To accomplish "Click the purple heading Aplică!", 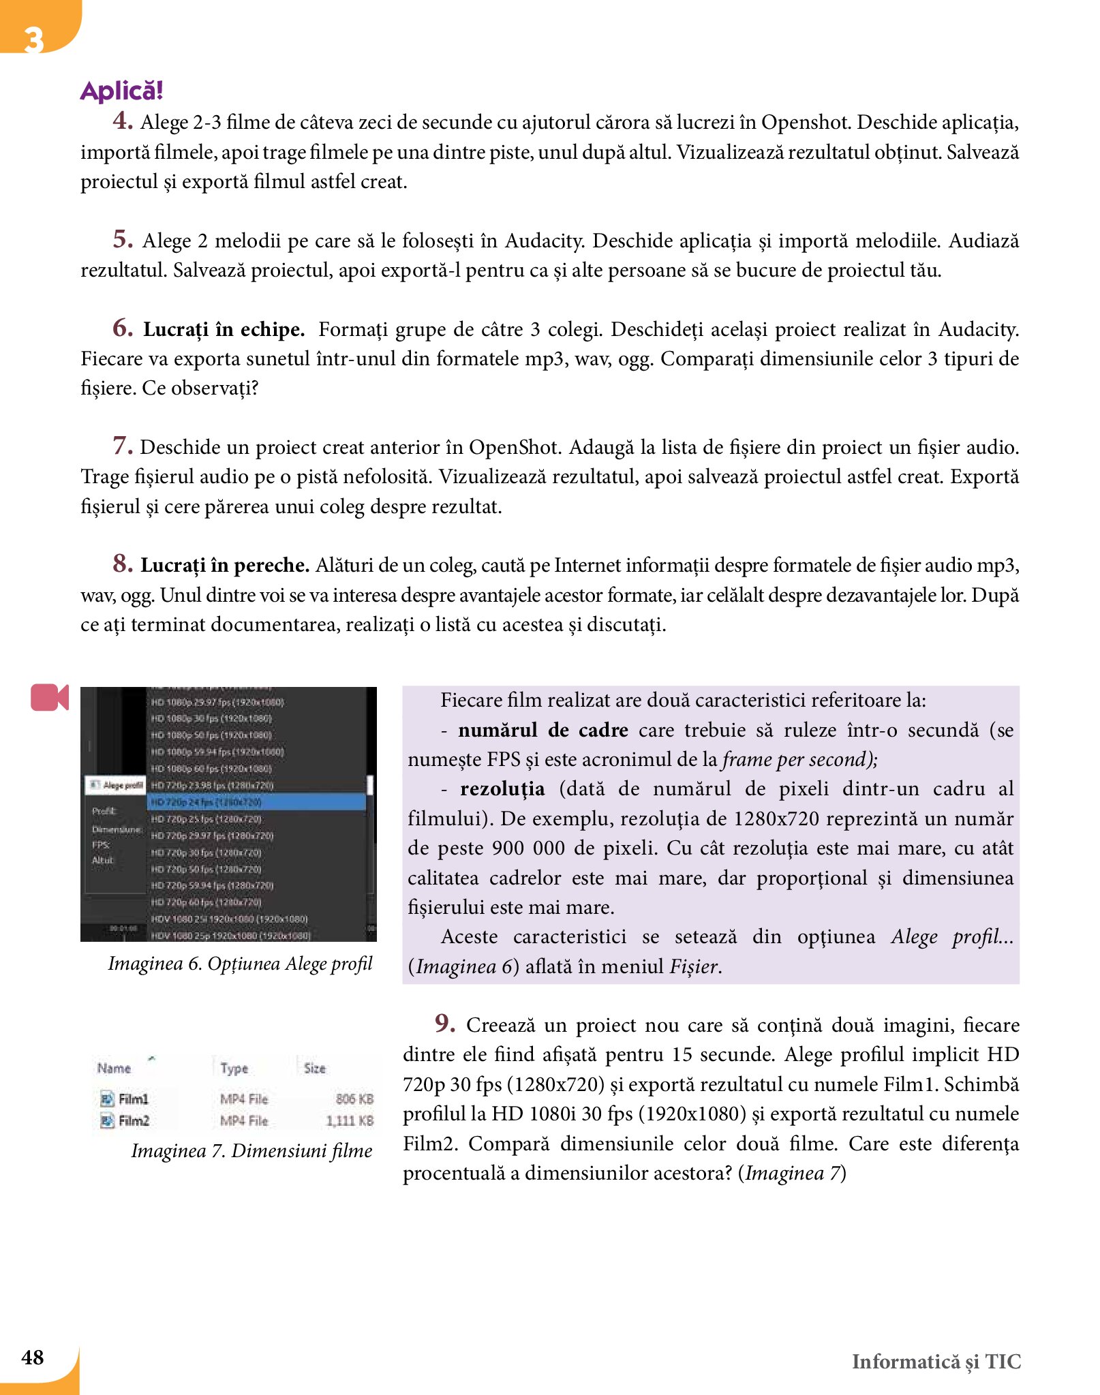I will [x=121, y=91].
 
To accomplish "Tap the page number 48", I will [x=33, y=1357].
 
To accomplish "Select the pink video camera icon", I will [x=50, y=697].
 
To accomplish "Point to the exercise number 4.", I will [x=123, y=121].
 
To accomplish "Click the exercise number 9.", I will [x=445, y=1023].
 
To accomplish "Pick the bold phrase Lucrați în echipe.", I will [x=224, y=330].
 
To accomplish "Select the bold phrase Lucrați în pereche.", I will [x=225, y=566].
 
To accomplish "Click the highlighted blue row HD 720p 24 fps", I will [x=256, y=802].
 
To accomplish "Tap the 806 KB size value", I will [x=354, y=1099].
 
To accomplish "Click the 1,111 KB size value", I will [x=350, y=1120].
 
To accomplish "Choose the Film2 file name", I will [x=133, y=1120].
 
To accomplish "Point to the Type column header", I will [x=234, y=1068].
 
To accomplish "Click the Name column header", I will [x=114, y=1068].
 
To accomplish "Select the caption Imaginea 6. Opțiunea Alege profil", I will [x=240, y=964].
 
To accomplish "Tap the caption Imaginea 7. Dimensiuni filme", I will [x=251, y=1150].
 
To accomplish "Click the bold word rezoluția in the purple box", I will [x=502, y=789].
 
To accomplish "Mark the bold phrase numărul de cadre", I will [x=543, y=730].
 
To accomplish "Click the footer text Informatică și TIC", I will [x=936, y=1361].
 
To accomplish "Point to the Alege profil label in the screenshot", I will [x=122, y=785].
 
